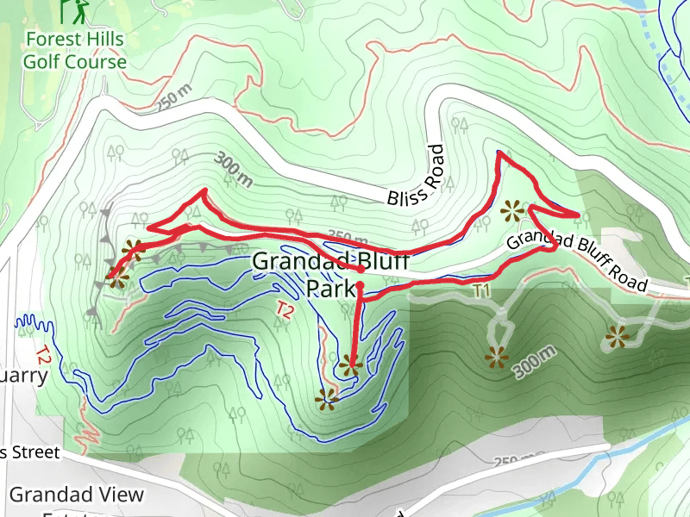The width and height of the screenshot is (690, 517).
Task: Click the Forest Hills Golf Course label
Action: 74,51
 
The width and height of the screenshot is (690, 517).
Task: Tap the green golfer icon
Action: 75,11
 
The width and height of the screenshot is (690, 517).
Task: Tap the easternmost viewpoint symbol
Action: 618,337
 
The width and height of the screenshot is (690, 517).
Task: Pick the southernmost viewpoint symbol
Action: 326,398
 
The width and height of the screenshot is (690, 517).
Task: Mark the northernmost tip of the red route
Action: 499,153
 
